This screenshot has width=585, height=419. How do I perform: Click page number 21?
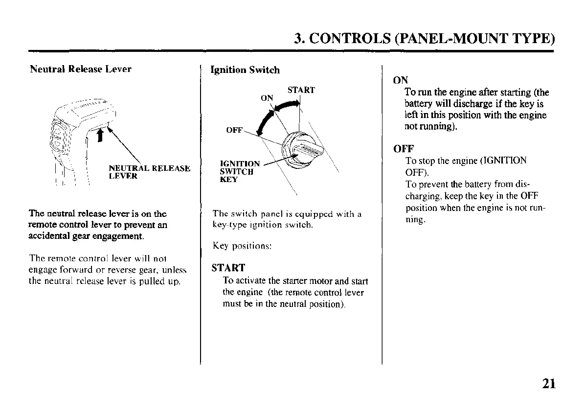tap(549, 383)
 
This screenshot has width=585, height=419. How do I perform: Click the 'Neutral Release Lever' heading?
tap(81, 69)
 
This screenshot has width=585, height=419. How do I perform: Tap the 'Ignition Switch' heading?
tap(245, 70)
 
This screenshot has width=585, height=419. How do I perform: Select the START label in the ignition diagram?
tap(301, 90)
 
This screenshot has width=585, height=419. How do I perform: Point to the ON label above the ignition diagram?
tap(267, 98)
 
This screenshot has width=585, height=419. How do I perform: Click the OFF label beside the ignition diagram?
tap(234, 131)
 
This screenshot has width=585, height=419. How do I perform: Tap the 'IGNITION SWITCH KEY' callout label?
tap(240, 171)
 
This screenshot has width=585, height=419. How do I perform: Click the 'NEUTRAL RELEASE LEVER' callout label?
tap(149, 172)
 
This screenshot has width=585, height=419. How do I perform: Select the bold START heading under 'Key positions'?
tap(228, 268)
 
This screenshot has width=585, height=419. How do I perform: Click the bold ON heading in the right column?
tap(401, 80)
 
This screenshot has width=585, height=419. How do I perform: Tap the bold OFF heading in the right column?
tap(404, 148)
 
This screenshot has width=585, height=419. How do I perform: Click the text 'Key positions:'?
tap(242, 246)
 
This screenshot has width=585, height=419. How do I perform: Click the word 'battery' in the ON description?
tap(419, 104)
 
